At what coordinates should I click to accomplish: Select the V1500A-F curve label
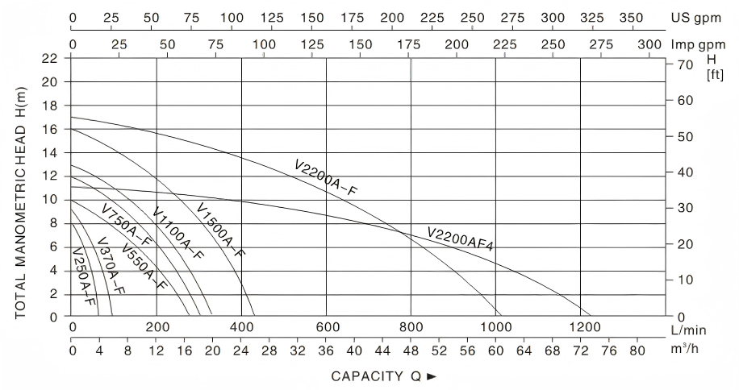click(x=220, y=230)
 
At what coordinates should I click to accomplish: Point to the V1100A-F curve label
click(x=177, y=234)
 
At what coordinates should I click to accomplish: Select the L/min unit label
click(x=687, y=330)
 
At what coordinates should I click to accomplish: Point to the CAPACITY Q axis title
click(x=378, y=376)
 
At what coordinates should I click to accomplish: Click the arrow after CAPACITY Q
click(x=431, y=376)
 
